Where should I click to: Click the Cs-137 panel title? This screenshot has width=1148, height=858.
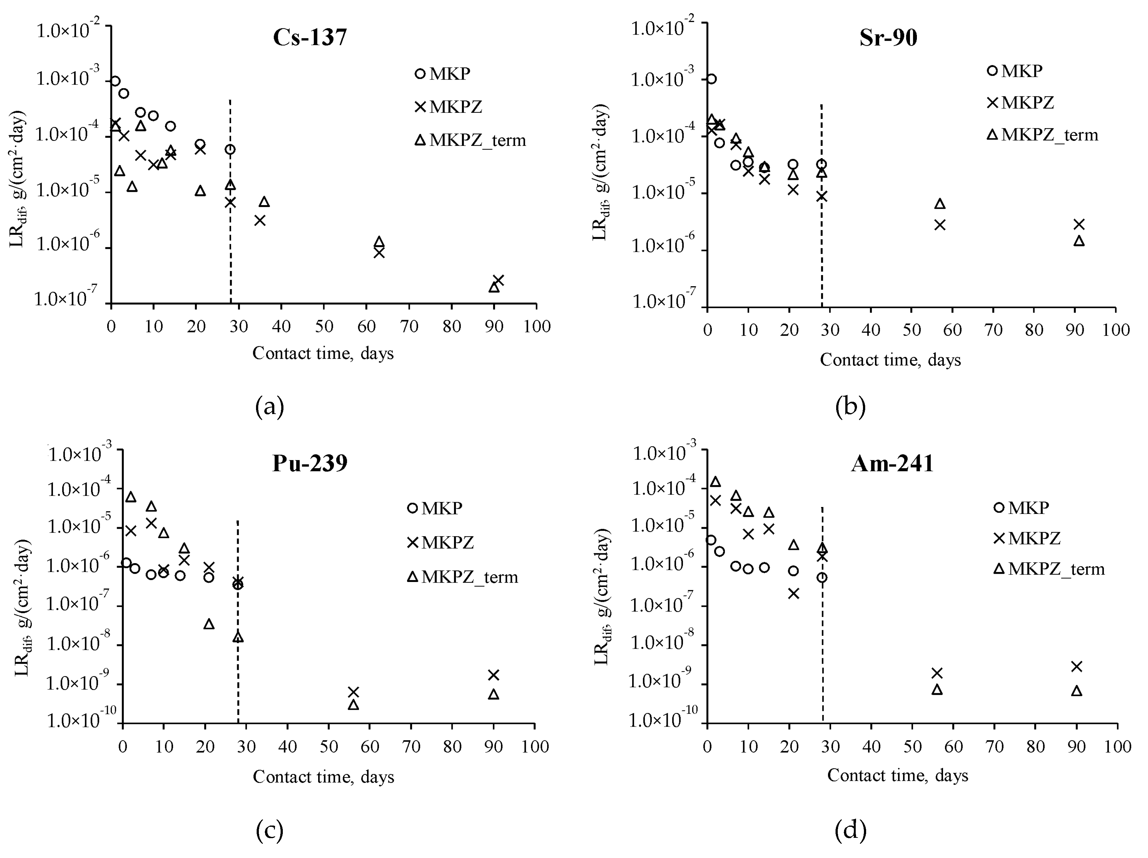310,38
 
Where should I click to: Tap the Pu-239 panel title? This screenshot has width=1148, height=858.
310,463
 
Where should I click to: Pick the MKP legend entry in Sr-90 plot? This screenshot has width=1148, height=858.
1015,71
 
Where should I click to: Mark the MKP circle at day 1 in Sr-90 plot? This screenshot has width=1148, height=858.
712,79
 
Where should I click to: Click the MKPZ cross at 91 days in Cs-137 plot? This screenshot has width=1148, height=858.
498,280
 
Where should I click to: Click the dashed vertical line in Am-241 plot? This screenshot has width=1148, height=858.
823,648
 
